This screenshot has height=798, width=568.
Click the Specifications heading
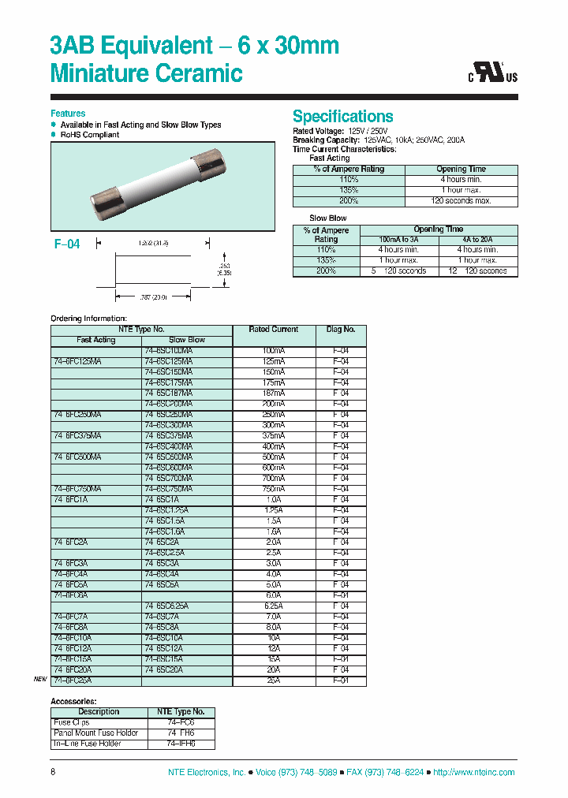click(342, 116)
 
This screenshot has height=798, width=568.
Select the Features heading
click(68, 114)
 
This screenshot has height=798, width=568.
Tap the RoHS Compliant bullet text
click(90, 135)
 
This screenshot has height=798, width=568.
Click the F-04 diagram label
click(67, 244)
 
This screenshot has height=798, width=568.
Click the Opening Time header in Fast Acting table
click(461, 170)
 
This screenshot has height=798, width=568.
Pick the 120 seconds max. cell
click(461, 201)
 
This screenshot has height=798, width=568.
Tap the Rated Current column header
click(274, 330)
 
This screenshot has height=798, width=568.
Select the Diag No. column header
click(341, 330)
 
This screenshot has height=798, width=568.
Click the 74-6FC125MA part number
click(77, 361)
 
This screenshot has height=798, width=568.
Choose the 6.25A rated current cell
click(274, 606)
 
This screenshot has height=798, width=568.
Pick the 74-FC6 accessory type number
click(181, 722)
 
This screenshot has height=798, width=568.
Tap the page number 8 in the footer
click(53, 773)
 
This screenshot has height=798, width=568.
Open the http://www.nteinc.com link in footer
click(473, 773)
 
